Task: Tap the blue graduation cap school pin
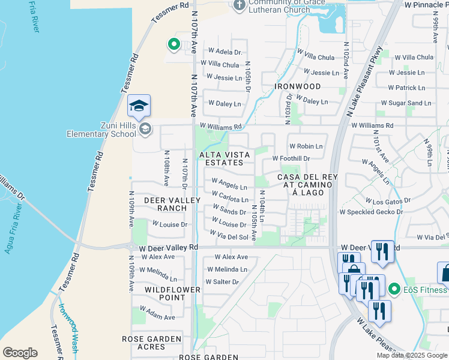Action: pyautogui.click(x=139, y=106)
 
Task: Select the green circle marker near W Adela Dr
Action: pyautogui.click(x=173, y=44)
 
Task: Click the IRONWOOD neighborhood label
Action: pyautogui.click(x=298, y=86)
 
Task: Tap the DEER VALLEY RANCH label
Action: pyautogui.click(x=160, y=203)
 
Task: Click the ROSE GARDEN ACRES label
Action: pyautogui.click(x=151, y=343)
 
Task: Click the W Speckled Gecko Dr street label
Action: pyautogui.click(x=375, y=212)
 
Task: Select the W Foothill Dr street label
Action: pyautogui.click(x=291, y=158)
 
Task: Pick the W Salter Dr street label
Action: pyautogui.click(x=222, y=281)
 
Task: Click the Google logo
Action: pyautogui.click(x=20, y=353)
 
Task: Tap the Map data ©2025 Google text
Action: pyautogui.click(x=412, y=355)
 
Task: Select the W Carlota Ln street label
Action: pyautogui.click(x=230, y=197)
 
